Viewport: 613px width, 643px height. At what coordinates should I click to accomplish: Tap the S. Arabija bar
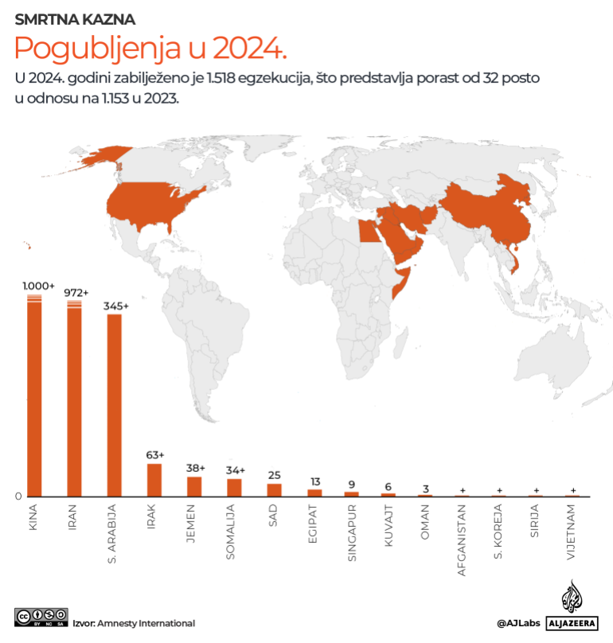pos(114,405)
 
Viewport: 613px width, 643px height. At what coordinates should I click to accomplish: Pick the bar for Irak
pos(154,480)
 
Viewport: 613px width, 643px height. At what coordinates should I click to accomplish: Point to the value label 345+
pos(115,306)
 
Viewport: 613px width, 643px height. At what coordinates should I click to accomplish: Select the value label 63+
pos(154,455)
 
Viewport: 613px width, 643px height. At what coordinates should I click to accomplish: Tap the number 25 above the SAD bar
pos(274,475)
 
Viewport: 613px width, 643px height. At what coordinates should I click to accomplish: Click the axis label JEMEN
pos(193,523)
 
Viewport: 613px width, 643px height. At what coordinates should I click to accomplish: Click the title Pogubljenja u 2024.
pos(150,49)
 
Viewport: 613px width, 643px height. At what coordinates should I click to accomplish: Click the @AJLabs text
pos(516,623)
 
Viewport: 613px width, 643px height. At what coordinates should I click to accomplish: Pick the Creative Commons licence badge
pos(40,617)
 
